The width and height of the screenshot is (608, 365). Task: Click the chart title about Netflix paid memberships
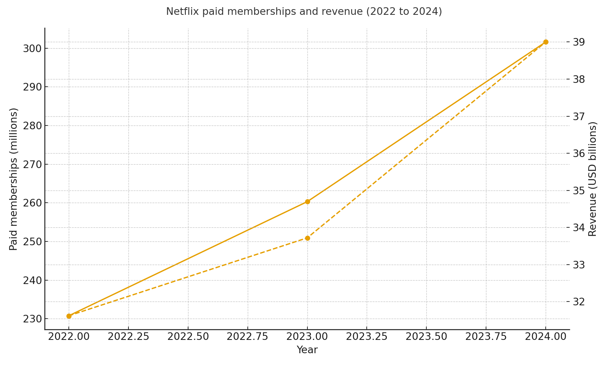coord(304,12)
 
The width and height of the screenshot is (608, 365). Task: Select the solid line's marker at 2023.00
coord(307,202)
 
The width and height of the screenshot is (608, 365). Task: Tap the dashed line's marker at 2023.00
coord(307,238)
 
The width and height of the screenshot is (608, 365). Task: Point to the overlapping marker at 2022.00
coord(69,316)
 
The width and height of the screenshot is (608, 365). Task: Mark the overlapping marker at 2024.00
coord(546,42)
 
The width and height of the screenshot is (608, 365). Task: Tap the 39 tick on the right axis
coord(579,42)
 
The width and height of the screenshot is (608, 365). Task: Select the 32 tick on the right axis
coord(579,302)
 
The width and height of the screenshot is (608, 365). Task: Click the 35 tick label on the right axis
coord(579,190)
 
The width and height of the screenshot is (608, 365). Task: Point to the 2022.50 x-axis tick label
coord(188,337)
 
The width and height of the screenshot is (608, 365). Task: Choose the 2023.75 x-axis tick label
coord(486,337)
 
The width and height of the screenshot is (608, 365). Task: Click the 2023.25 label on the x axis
coord(367,337)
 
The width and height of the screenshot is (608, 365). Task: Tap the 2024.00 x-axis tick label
coord(546,337)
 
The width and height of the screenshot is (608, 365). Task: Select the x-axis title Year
coord(307,350)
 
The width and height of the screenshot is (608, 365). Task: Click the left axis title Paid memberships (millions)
coord(14,179)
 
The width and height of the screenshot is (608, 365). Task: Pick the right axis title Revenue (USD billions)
coord(593,179)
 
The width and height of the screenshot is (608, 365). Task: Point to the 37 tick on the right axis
coord(579,116)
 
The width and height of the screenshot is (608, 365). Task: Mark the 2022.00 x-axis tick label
coord(69,337)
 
